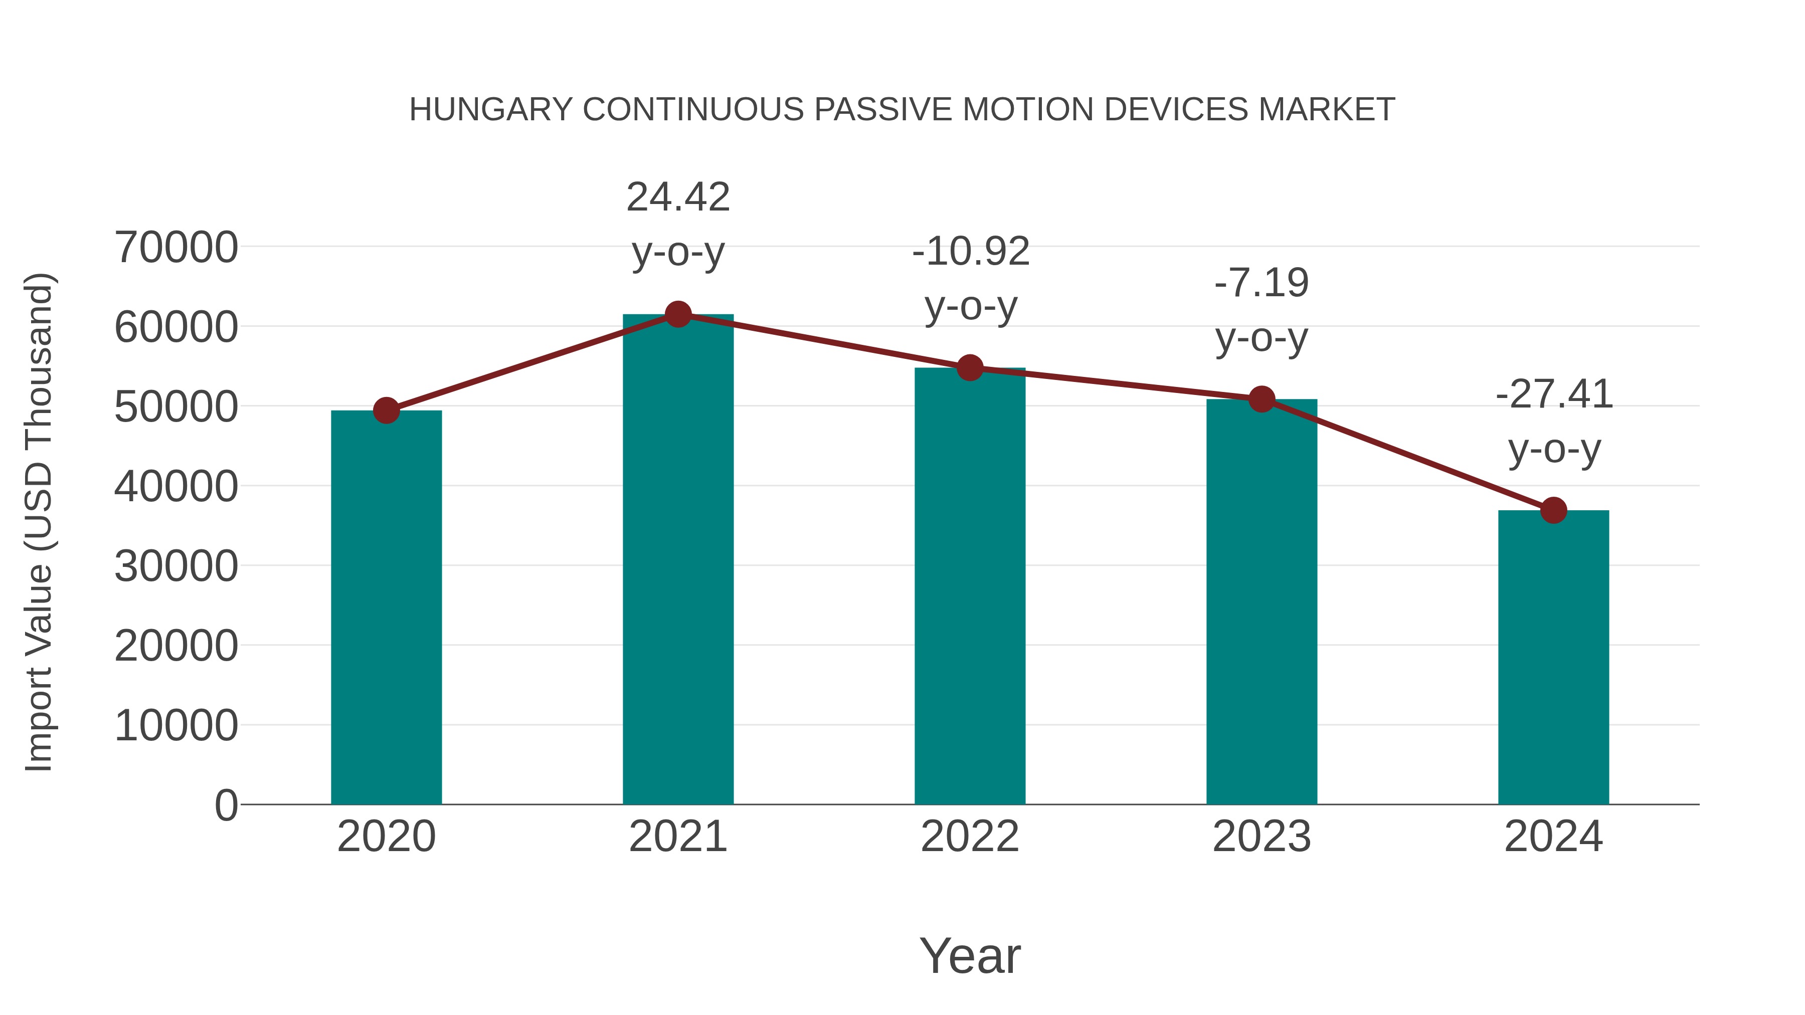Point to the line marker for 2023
coord(1261,399)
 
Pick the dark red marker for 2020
coord(386,411)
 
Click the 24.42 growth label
coord(677,197)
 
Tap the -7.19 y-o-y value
coord(1261,283)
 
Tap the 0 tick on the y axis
coord(226,805)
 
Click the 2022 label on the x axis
coord(970,837)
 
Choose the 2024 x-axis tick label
coord(1553,837)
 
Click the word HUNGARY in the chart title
coord(490,110)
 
